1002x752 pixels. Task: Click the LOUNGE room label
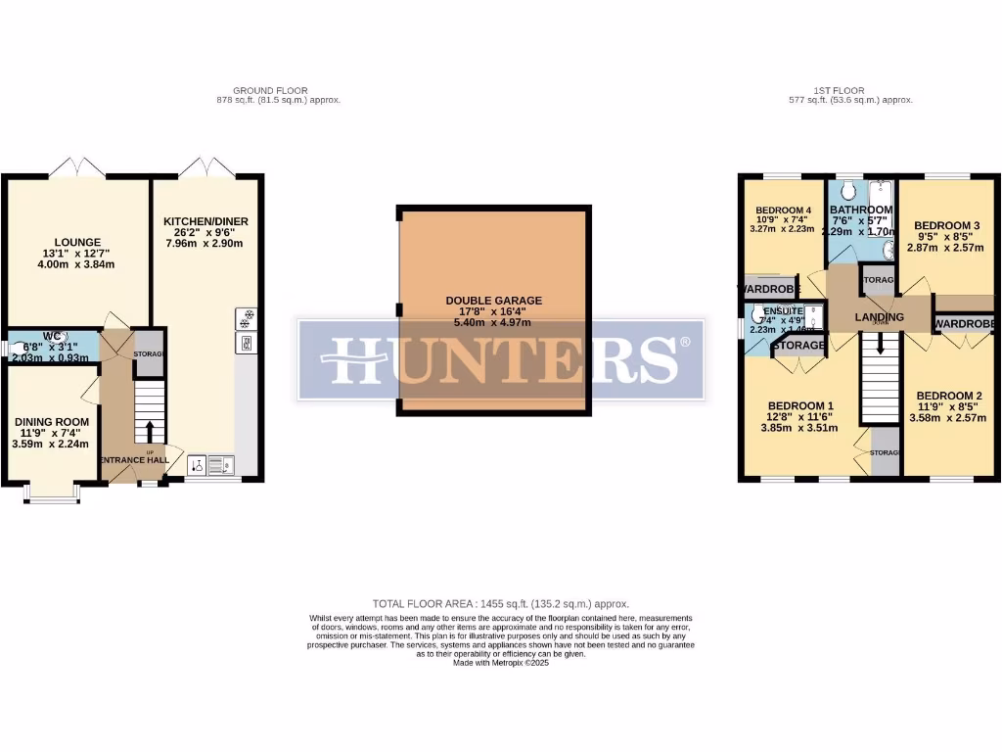pyautogui.click(x=77, y=242)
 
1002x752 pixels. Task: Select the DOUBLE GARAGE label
pyautogui.click(x=493, y=301)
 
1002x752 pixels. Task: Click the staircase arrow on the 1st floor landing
pyautogui.click(x=881, y=344)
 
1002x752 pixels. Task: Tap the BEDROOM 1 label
pyautogui.click(x=800, y=406)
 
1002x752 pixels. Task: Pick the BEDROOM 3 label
pyautogui.click(x=947, y=226)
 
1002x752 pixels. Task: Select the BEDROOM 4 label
pyautogui.click(x=783, y=211)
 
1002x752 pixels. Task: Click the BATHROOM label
pyautogui.click(x=861, y=210)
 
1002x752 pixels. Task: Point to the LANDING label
pyautogui.click(x=879, y=317)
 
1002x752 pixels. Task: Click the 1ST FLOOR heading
pyautogui.click(x=839, y=90)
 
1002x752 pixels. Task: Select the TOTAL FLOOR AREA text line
pyautogui.click(x=500, y=604)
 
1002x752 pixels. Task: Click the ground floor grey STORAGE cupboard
pyautogui.click(x=149, y=353)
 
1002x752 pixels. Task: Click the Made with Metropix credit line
pyautogui.click(x=500, y=663)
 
